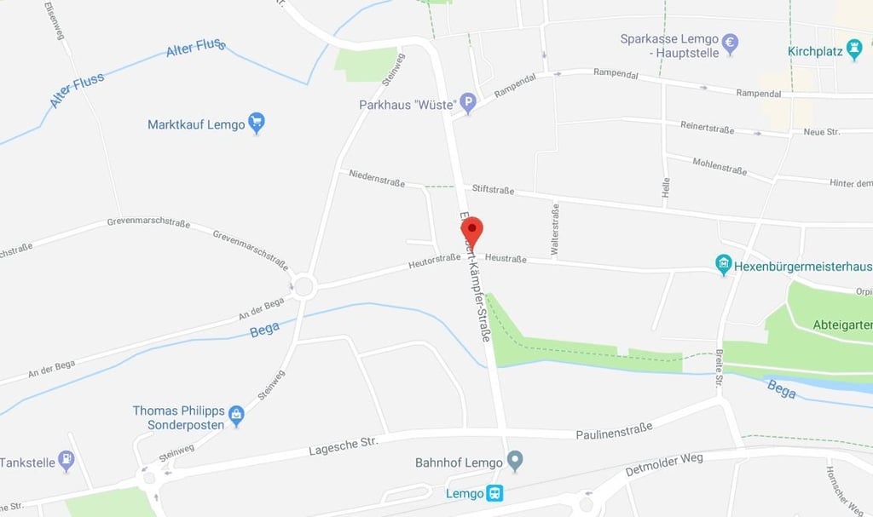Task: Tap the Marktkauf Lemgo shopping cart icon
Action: coord(256,124)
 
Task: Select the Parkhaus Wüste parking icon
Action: coord(467,104)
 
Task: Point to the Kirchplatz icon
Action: coord(854,50)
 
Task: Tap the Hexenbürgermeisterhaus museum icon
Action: coord(724,266)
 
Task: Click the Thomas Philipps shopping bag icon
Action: coord(236,416)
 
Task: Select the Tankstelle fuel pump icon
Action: coord(66,462)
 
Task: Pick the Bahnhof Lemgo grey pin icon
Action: coord(514,462)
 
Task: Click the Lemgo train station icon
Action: coord(494,493)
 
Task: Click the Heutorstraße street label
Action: coord(434,263)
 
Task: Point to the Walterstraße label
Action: coord(556,229)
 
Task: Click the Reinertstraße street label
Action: coord(707,128)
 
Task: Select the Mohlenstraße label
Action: coord(720,166)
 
